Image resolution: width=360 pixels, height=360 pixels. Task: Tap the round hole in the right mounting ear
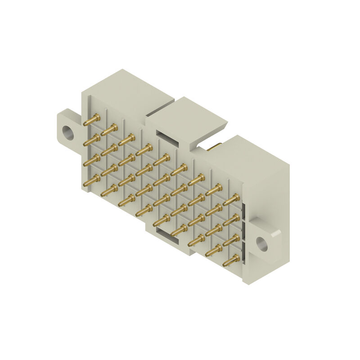point(262,243)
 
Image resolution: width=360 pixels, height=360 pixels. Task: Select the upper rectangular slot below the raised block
point(163,135)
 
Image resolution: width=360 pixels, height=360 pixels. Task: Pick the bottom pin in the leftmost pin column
point(92,180)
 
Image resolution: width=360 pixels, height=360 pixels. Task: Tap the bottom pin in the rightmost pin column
point(231,260)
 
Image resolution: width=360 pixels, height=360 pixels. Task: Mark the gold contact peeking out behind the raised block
point(215,146)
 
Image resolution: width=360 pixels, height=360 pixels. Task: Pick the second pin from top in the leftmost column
point(92,140)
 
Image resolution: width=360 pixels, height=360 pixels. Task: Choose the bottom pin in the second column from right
point(214,250)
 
